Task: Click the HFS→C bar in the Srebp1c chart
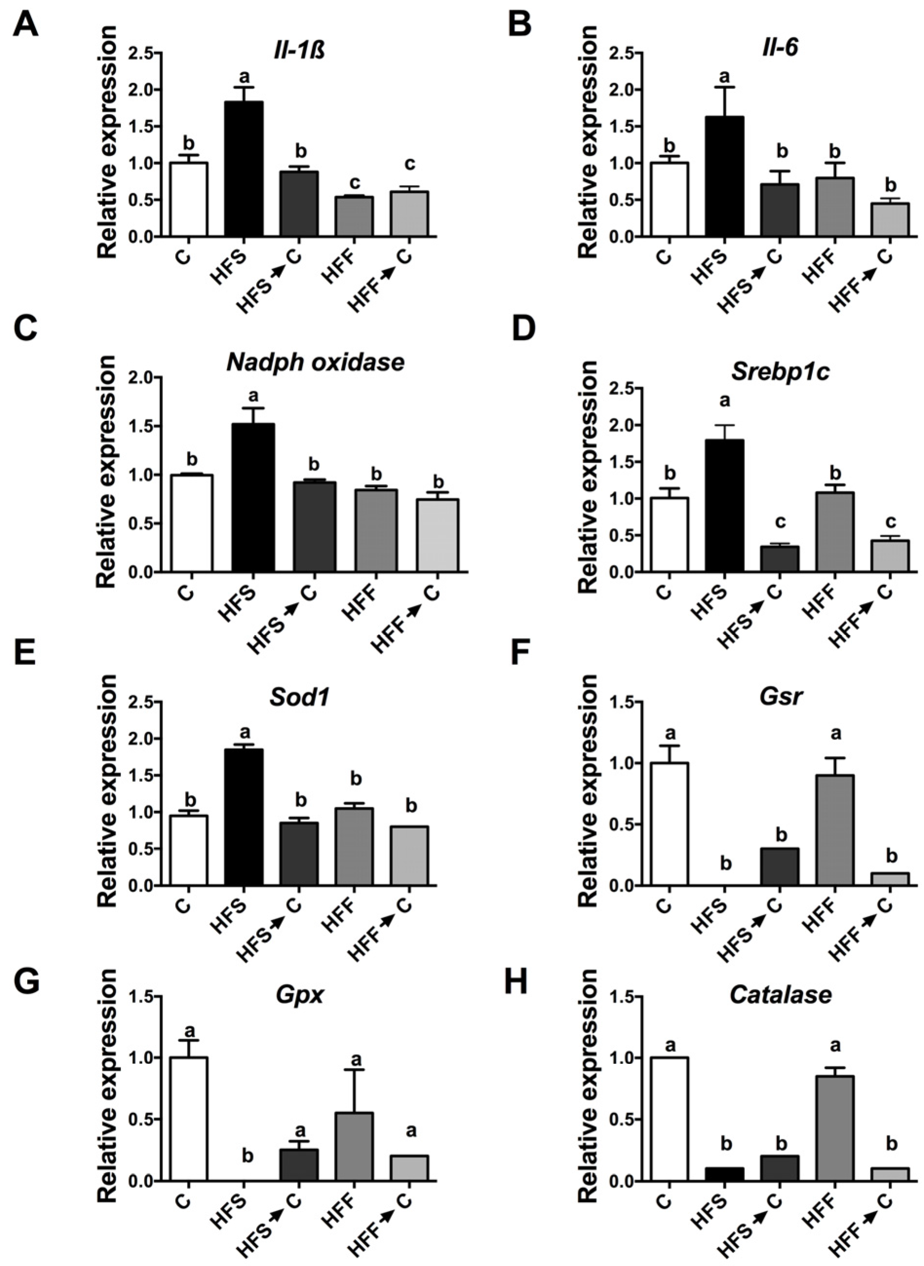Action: point(779,559)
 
